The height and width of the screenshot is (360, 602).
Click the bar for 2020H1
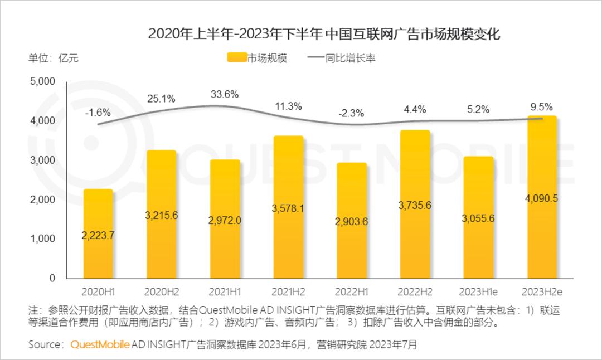click(98, 234)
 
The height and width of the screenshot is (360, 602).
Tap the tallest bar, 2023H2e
click(542, 197)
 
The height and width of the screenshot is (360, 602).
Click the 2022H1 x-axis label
click(351, 291)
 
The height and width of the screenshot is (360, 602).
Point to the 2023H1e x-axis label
click(478, 291)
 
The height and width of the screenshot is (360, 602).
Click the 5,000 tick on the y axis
click(42, 81)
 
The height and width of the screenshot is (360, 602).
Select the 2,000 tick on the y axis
click(42, 200)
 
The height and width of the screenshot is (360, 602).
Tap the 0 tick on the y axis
click(52, 278)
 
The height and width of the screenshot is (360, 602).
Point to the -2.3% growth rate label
click(351, 113)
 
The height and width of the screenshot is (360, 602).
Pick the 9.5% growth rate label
click(542, 107)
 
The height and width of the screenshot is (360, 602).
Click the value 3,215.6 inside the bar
click(162, 216)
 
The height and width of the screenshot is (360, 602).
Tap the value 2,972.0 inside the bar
click(225, 220)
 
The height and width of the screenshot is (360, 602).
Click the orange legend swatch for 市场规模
click(237, 58)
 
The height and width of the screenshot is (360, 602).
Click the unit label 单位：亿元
click(54, 58)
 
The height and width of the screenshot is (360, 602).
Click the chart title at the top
click(324, 34)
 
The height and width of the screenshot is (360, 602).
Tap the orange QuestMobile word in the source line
click(100, 344)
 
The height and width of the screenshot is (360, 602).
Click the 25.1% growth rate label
click(162, 99)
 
